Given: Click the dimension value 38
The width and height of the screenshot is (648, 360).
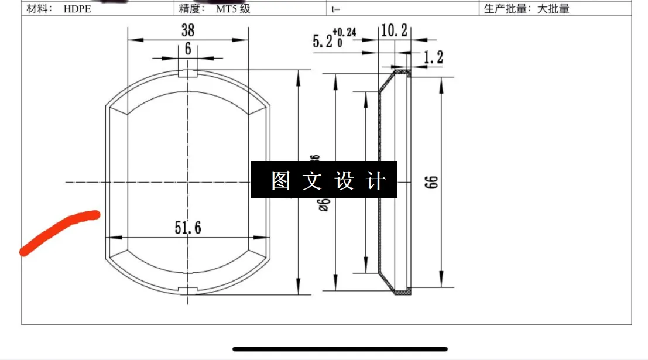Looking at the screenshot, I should [187, 30].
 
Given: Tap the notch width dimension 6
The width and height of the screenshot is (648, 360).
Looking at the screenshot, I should [187, 49].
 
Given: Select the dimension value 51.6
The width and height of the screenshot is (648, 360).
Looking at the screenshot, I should [187, 228].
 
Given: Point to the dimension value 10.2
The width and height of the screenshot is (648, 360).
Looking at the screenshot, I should [394, 31].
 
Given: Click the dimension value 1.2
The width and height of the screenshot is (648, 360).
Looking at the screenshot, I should [433, 57].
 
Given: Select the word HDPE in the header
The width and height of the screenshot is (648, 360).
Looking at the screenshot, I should [77, 9].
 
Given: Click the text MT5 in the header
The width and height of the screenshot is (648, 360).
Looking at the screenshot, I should [226, 9].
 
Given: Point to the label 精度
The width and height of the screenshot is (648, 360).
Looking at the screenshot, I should [192, 9].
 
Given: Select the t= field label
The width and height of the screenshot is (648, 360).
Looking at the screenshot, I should [336, 9].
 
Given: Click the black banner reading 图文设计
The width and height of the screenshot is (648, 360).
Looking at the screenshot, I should [324, 180].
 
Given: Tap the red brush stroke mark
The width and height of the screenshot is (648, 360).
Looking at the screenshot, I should [58, 231].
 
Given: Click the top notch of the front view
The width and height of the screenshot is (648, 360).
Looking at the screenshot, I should [188, 74].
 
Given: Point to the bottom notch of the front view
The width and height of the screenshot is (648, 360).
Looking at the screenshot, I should [188, 291].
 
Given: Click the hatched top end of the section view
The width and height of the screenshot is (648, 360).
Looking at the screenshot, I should [402, 73].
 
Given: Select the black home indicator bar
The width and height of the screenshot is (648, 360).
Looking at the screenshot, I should [340, 349].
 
